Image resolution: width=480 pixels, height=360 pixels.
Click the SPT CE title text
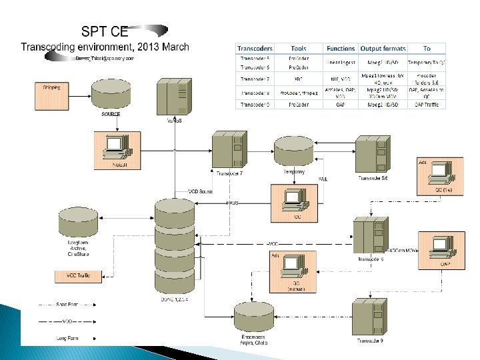tap(105, 31)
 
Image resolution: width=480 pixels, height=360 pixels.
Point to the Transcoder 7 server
tap(229, 151)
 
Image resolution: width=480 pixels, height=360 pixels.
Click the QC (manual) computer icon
tap(295, 267)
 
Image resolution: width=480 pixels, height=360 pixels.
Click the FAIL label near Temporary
tap(323, 179)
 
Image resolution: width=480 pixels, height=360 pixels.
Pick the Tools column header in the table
tap(298, 48)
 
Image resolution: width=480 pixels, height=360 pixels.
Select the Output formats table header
tap(383, 48)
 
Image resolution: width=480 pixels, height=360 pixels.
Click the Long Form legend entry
tap(67, 338)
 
